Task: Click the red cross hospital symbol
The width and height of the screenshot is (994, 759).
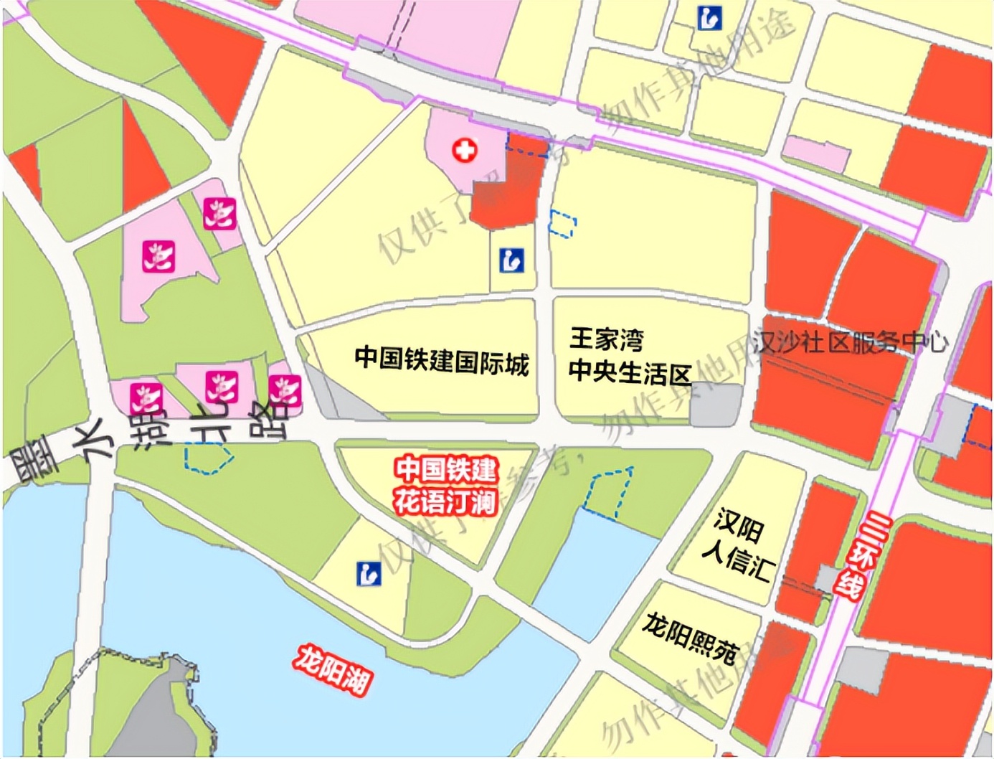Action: pos(465,151)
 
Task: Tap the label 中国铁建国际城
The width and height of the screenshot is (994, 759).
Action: pos(442,360)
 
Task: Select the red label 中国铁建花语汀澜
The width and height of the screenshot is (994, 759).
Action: pos(445,486)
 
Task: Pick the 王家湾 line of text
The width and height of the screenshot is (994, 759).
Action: pos(607,339)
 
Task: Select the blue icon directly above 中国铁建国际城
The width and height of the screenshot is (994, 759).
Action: pos(511,260)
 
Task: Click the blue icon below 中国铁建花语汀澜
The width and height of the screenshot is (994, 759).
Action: pos(369,573)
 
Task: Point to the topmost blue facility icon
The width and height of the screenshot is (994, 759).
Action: pos(709,18)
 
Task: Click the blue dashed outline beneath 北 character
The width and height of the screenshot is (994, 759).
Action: pos(208,458)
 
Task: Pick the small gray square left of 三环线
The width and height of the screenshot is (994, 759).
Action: pos(828,578)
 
